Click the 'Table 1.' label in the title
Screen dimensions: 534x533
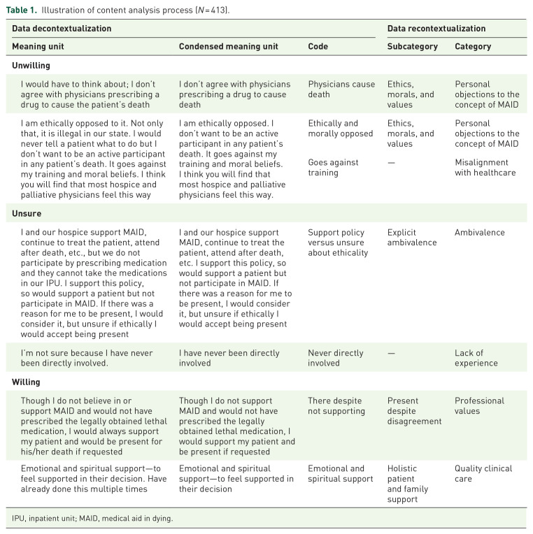22,10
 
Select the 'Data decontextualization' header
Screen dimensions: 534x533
62,29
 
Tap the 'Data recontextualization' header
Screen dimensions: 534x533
436,29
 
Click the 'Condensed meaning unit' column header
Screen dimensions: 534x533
228,47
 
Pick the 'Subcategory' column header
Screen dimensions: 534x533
413,47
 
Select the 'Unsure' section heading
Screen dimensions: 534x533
26,212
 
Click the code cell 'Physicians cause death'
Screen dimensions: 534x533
341,89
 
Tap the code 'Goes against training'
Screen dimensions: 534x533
333,168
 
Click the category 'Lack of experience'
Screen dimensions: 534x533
476,358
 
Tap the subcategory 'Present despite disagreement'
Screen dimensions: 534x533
414,411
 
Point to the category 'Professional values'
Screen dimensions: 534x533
479,406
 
